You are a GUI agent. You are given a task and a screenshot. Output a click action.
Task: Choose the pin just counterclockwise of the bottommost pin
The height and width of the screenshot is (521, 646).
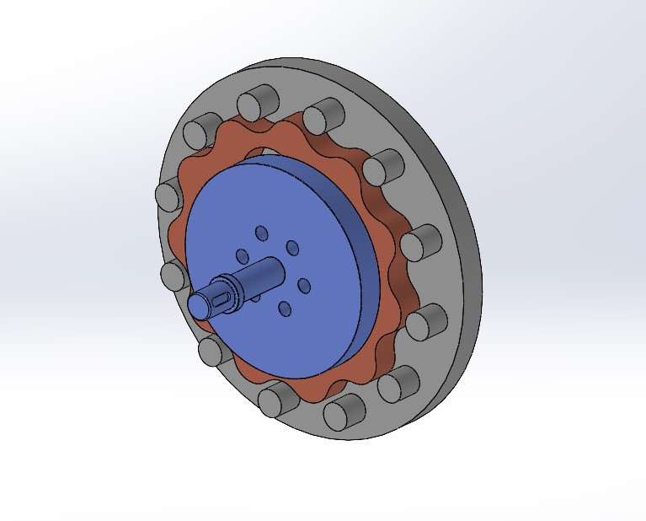(395, 384)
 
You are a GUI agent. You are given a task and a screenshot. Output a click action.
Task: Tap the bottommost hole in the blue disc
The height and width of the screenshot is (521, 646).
(286, 309)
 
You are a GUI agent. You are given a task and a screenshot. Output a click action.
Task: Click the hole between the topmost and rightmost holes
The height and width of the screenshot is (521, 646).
(292, 247)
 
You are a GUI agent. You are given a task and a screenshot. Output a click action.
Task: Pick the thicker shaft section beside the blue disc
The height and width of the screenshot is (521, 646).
(264, 274)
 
